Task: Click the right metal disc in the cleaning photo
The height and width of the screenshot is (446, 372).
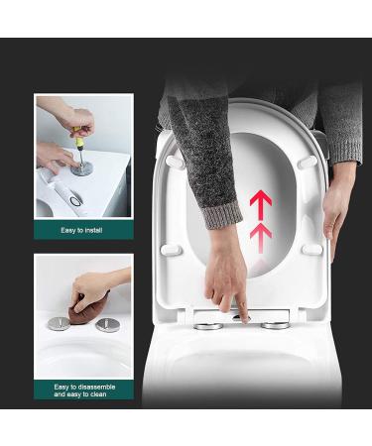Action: point(108,325)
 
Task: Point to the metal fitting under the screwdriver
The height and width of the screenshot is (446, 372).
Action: point(82,167)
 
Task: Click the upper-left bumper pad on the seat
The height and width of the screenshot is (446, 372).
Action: point(176,161)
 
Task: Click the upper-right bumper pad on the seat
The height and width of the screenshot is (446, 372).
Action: point(309,161)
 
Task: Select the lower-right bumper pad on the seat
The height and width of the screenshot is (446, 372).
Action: point(312,249)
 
